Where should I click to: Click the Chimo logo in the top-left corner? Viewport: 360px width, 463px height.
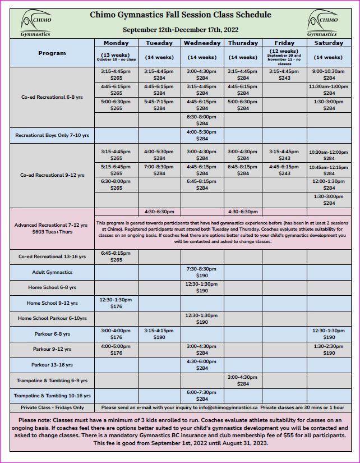(36, 24)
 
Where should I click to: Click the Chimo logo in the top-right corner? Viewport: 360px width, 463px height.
(323, 24)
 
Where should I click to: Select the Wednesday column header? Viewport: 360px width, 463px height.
(202, 43)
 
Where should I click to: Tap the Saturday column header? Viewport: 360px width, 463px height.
(329, 43)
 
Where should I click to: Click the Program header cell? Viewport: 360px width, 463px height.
(52, 53)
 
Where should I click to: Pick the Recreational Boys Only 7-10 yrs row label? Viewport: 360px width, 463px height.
(52, 135)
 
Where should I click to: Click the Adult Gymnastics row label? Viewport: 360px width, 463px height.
(52, 272)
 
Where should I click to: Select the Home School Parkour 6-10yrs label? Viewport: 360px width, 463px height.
(52, 318)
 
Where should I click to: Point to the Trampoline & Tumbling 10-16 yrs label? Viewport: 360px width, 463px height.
(52, 396)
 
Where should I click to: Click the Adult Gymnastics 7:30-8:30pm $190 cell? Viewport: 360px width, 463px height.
(202, 272)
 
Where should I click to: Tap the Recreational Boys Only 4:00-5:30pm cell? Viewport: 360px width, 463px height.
(202, 135)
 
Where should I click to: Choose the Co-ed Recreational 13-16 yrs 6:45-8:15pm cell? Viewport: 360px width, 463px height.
(116, 256)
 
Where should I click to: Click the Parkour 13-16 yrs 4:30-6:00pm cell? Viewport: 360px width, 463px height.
(202, 365)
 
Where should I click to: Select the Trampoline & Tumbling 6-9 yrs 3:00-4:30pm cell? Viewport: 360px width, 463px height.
(243, 381)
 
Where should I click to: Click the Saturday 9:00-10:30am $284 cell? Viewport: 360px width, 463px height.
(329, 75)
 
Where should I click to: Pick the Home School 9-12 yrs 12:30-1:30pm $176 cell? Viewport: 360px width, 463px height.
(116, 303)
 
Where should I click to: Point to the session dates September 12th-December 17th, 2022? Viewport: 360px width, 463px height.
(179, 29)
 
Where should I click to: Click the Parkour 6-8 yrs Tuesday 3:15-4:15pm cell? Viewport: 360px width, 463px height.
(159, 334)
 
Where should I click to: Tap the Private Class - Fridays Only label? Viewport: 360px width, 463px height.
(52, 407)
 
